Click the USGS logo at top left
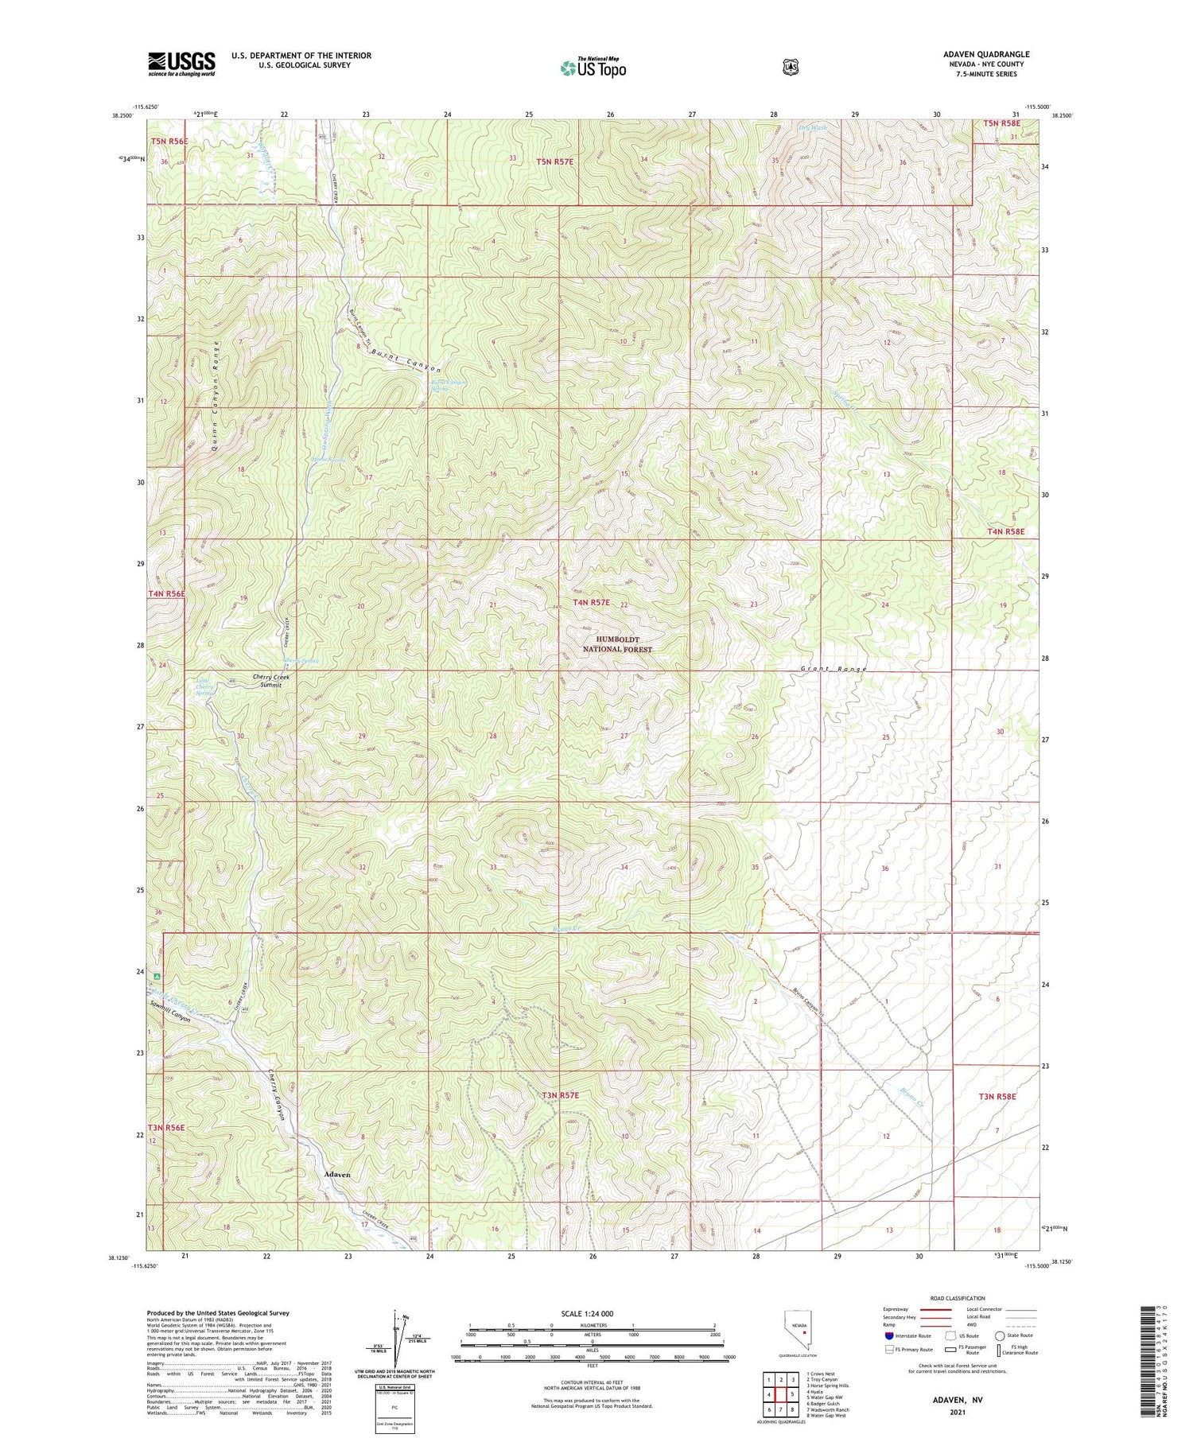(181, 64)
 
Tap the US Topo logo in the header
(593, 68)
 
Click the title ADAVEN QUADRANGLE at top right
(985, 54)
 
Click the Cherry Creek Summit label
(272, 680)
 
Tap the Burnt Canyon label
(406, 360)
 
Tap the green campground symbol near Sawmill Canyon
(157, 977)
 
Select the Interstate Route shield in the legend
(889, 1335)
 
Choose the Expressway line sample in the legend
(940, 1309)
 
